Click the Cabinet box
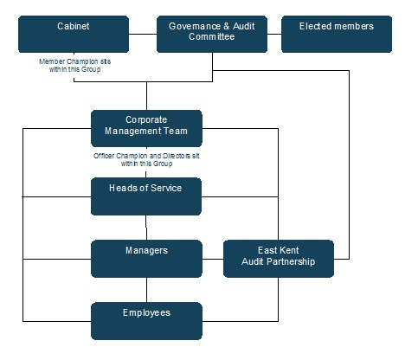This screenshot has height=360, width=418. coord(74,34)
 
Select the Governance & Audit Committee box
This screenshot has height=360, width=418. coord(212,34)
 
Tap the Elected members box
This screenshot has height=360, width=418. coord(337,34)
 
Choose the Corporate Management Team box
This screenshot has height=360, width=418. coord(146,128)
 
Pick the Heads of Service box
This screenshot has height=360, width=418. coord(146,196)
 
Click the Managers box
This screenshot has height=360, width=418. coord(146,259)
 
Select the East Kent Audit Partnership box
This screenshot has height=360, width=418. coord(279,259)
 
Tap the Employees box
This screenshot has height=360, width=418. coord(146,321)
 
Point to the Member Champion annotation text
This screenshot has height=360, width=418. coord(74,66)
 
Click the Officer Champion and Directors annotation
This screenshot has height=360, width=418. coord(146,160)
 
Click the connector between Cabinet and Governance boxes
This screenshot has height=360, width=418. coord(143,34)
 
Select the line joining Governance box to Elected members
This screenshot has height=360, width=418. coord(274,34)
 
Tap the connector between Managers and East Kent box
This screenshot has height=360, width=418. coord(213,259)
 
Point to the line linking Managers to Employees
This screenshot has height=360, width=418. coord(146,290)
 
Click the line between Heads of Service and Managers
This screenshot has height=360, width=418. coord(146,228)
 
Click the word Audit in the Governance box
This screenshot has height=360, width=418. coord(244,26)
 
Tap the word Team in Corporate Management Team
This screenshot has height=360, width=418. coord(176,131)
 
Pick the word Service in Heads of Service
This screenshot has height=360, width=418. coord(166,188)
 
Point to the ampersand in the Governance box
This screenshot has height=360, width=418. coord(227,26)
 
